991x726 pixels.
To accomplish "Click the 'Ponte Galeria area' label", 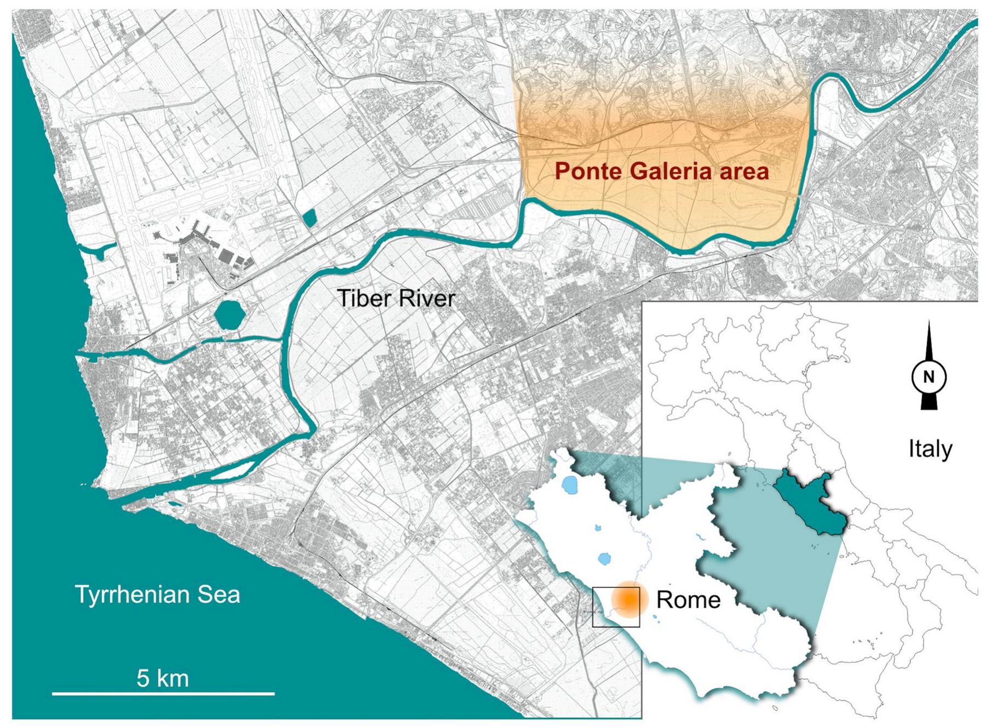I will [661, 172].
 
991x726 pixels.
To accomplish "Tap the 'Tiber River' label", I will [396, 299].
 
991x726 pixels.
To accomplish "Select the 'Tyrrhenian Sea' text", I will [157, 594].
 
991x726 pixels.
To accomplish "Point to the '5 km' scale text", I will [163, 678].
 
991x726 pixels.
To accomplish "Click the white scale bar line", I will [163, 694].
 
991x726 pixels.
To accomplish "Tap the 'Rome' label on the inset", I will [688, 600].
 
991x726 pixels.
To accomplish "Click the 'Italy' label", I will [930, 449].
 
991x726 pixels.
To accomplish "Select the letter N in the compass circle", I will [929, 377].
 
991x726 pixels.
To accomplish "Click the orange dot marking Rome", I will [629, 599].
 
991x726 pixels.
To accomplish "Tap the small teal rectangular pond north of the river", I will [310, 218].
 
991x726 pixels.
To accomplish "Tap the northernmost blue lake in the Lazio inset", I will [570, 484].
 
